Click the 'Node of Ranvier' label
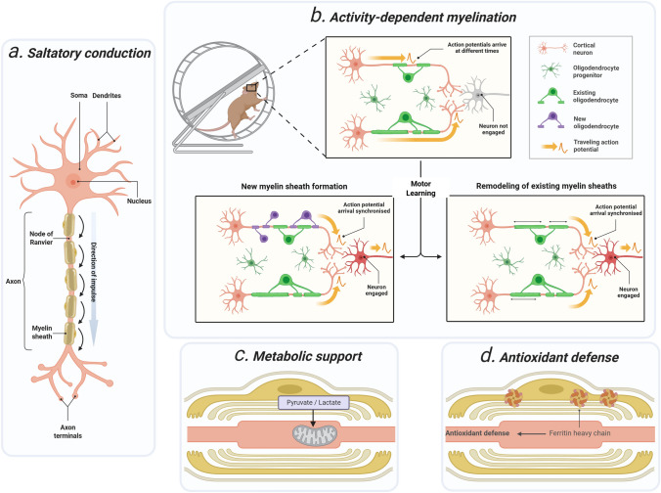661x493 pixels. coord(41,238)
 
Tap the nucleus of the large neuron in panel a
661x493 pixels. coord(73,182)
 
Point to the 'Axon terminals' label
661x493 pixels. coord(67,431)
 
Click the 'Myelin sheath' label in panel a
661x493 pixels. coord(42,333)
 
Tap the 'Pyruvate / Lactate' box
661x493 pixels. coord(314,403)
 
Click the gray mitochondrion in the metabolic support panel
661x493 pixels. coord(315,435)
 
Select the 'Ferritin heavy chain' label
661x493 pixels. coord(580,433)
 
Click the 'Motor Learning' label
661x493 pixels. coord(420,189)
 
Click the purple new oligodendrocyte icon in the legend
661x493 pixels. coord(551,120)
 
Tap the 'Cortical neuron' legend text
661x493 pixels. coord(584,49)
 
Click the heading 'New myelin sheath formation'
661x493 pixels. coord(294,187)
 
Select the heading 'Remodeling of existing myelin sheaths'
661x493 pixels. coord(547,186)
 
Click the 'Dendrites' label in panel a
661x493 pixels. coord(107,96)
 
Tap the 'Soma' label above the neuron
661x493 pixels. coord(79,96)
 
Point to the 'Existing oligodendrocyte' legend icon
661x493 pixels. coord(551,96)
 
